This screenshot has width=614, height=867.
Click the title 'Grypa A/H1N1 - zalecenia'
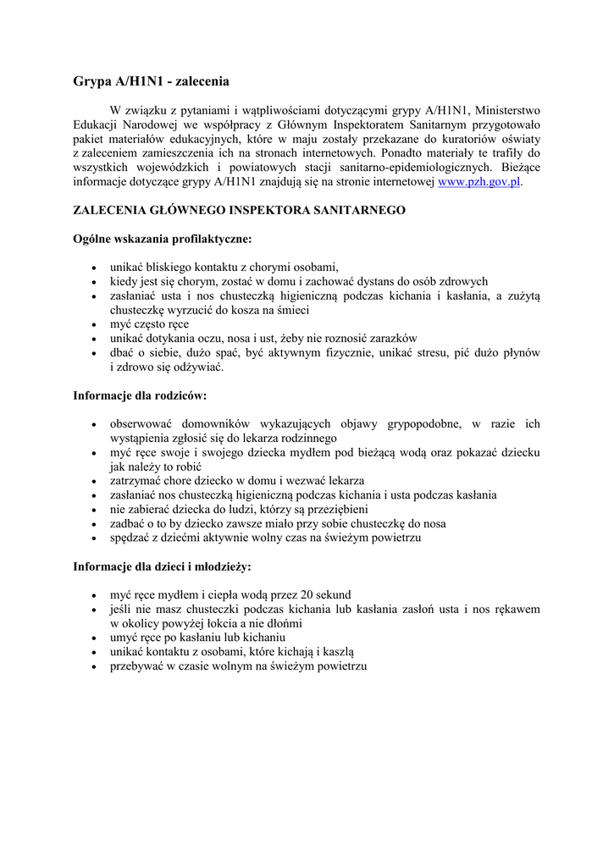152,81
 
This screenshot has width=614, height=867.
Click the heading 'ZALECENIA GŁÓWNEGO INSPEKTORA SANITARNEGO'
240,209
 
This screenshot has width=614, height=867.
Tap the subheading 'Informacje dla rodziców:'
140,395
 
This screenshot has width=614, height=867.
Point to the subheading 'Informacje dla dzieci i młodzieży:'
162,566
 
